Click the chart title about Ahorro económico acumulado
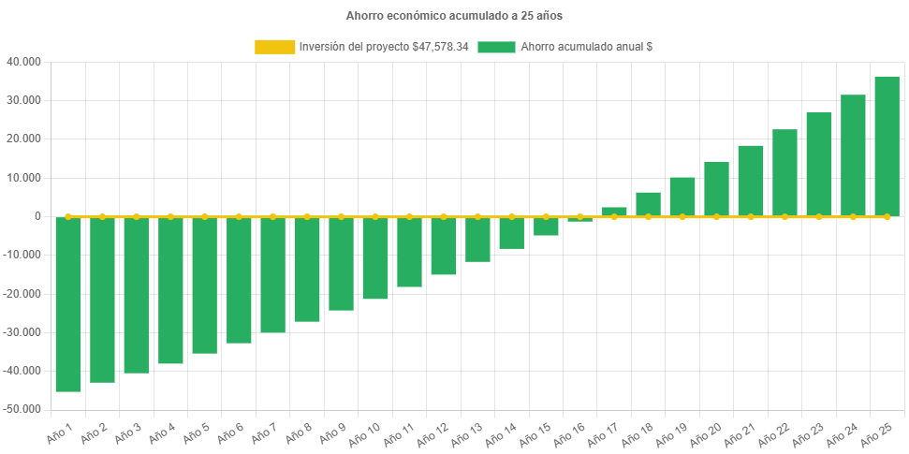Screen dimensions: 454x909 point(454,16)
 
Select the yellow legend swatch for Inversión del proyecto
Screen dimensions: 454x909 point(273,47)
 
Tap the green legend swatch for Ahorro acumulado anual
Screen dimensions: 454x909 point(496,47)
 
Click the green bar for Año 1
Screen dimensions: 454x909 point(68,304)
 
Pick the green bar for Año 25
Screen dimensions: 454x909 point(887,146)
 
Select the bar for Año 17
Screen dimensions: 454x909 point(614,212)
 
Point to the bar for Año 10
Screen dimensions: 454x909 point(375,258)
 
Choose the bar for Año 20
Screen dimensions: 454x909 point(716,188)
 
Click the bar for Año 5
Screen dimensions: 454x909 point(205,286)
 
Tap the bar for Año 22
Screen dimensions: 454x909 point(784,172)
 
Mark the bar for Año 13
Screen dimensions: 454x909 point(477,240)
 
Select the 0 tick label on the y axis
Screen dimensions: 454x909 point(37,216)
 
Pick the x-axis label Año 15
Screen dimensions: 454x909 point(535,435)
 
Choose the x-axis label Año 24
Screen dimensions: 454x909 point(842,435)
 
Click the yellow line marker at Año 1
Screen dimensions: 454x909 point(68,216)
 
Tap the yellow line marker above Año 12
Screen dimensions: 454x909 point(444,216)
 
